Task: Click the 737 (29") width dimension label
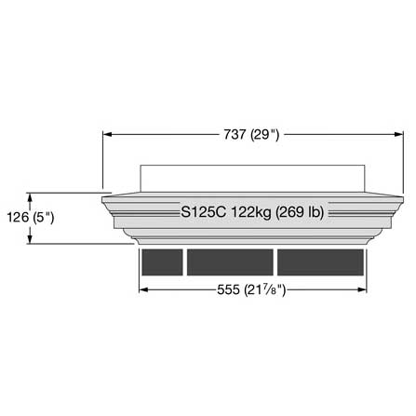pos(251,135)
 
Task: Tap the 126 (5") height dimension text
pos(31,218)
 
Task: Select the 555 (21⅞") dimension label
pos(251,290)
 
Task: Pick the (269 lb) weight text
pos(300,213)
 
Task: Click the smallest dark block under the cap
pos(162,262)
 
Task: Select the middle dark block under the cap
pos(230,262)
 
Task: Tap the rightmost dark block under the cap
pos(320,262)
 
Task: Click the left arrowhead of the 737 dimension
pos(107,134)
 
